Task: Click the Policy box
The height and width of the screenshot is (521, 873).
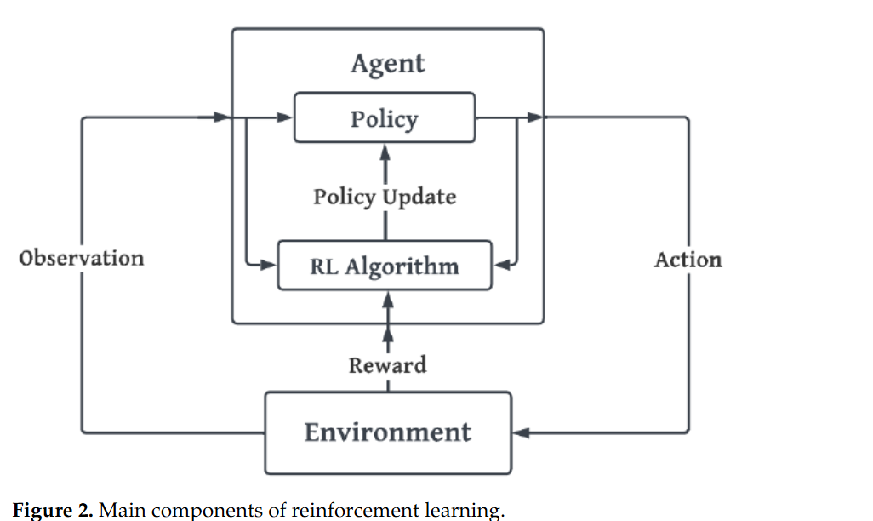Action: (x=385, y=118)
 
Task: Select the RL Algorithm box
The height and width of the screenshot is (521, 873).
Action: (x=385, y=266)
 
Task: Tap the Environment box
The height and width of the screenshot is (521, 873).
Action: (x=388, y=432)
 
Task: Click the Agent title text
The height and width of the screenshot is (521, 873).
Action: (x=387, y=64)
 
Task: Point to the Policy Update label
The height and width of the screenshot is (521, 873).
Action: (x=385, y=197)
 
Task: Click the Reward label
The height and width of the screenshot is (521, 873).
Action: (x=387, y=365)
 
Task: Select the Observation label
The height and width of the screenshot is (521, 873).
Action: (x=82, y=258)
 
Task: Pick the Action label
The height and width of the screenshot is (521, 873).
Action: (x=688, y=260)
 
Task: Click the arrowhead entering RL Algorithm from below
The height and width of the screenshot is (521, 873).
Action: (x=388, y=299)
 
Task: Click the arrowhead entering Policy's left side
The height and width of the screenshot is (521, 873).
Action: (x=285, y=117)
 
